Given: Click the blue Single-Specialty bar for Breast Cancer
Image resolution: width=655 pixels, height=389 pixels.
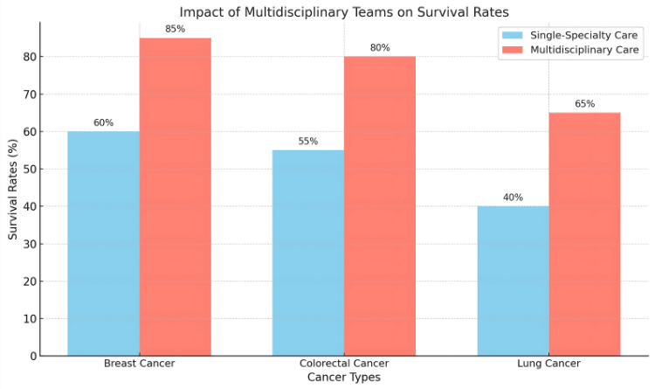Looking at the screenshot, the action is coord(104,243).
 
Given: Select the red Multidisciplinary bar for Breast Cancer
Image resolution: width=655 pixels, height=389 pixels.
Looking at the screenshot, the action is coord(176,197).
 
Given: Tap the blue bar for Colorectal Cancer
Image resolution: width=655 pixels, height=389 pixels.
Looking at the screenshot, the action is coord(308,253).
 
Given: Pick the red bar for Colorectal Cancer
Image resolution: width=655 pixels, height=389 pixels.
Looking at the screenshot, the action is coord(380,206).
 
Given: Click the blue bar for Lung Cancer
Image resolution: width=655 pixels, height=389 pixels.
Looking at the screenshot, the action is coord(514,281).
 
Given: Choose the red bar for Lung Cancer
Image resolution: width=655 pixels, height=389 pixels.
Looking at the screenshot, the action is coord(585,234).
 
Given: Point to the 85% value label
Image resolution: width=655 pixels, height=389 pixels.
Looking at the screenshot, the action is coord(175,29).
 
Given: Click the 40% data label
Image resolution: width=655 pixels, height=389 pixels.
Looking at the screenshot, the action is coord(513,198).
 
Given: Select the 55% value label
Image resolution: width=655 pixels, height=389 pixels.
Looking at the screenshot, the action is coord(308,142).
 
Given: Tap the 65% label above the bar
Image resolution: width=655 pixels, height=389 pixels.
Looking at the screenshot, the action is coord(585,104).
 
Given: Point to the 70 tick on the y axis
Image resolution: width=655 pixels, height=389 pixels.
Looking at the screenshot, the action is coord(31,94).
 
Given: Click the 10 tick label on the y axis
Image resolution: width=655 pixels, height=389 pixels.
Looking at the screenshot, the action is coord(31,319).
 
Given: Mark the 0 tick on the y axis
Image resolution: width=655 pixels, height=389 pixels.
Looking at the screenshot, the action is coord(34,357).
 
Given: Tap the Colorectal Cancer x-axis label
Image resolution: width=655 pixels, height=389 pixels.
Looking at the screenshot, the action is coord(344,364).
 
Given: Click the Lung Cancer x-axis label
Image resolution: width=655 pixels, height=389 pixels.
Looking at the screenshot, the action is coord(549,364).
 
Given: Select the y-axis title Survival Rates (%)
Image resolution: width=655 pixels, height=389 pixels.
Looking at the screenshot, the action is coord(13,190).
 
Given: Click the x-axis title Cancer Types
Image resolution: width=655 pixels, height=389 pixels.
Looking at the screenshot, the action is coord(344,378).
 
